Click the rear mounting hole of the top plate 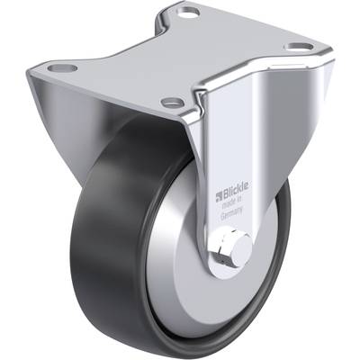coord(188,12)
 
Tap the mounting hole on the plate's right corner coord(299,47)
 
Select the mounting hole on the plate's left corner coord(62,67)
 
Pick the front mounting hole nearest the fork coord(172,103)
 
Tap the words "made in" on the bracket coord(231,202)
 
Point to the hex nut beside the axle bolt coord(222,248)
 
